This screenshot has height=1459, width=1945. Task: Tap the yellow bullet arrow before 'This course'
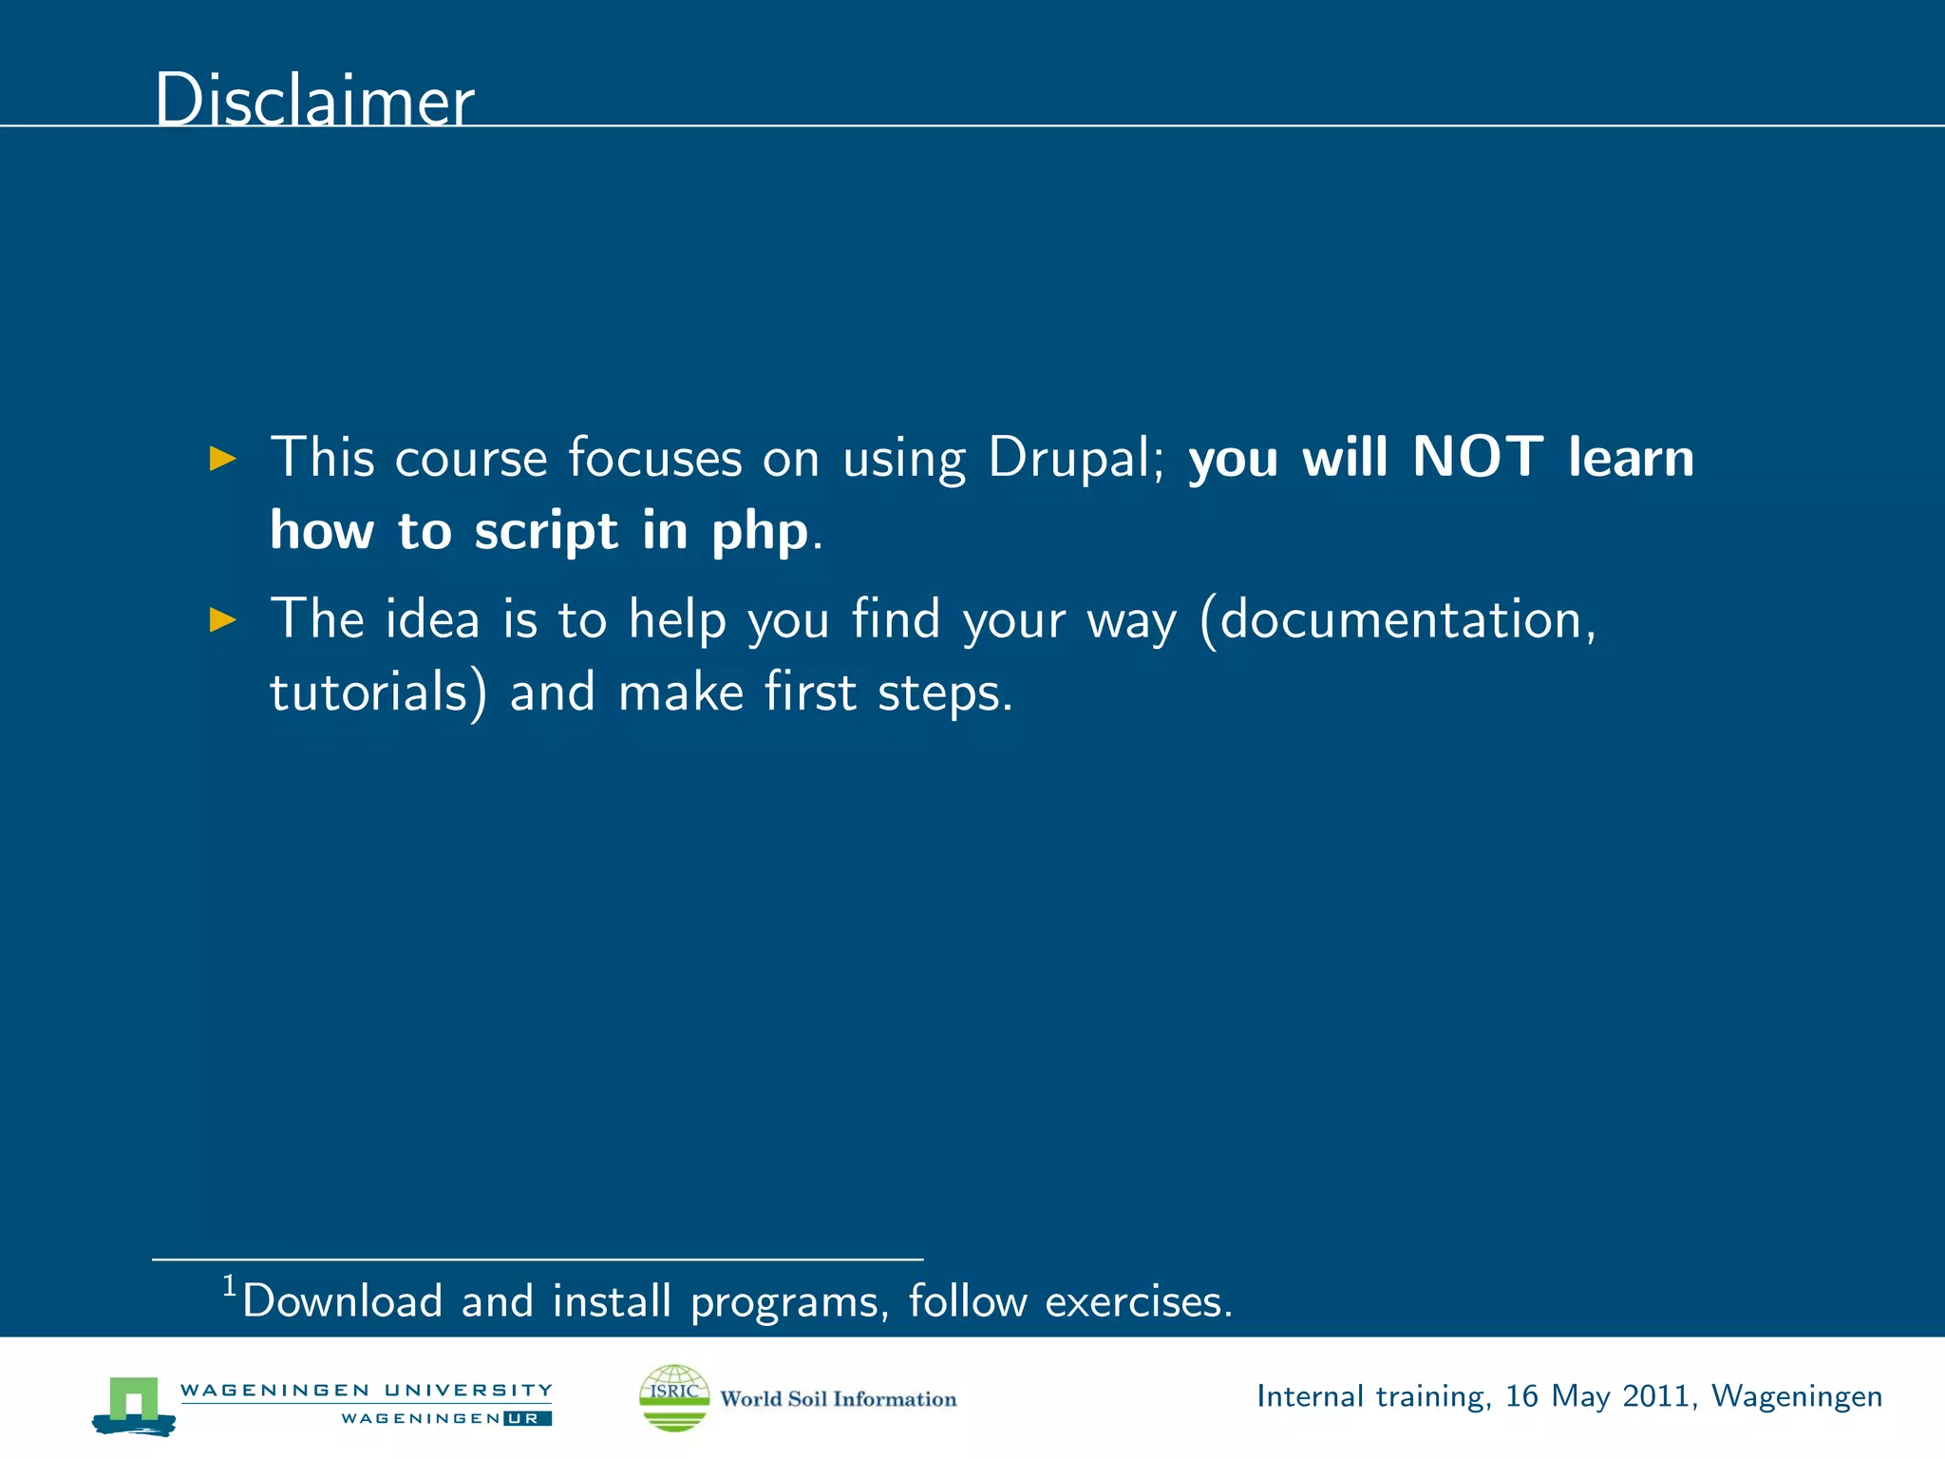[x=222, y=459]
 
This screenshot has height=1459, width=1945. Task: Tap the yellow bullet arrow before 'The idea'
[x=222, y=620]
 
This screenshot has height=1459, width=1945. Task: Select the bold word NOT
[x=1477, y=457]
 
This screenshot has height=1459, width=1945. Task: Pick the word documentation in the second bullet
[x=1400, y=619]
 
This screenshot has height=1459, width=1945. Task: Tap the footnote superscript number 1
[x=229, y=1286]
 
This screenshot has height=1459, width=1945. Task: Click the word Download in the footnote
[x=342, y=1301]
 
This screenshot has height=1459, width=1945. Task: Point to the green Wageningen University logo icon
[x=134, y=1405]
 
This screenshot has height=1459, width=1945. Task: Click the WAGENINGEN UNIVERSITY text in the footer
[x=366, y=1390]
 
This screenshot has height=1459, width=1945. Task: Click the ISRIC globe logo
[x=674, y=1397]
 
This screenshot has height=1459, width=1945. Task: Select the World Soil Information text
[x=838, y=1399]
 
